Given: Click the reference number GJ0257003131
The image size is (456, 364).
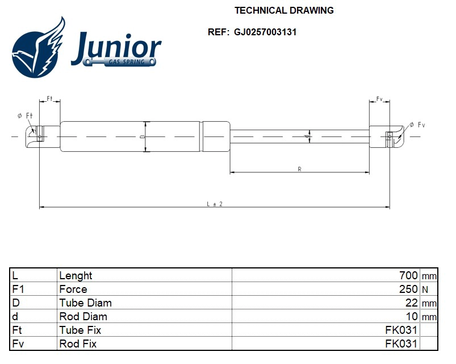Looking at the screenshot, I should [x=265, y=32].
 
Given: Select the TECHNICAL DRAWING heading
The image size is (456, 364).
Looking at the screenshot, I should [x=284, y=10].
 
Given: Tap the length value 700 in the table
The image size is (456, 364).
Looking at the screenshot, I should [x=408, y=275].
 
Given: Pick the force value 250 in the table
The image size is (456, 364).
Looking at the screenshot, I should [x=408, y=289].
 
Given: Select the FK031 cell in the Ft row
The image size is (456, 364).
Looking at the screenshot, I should [x=401, y=330].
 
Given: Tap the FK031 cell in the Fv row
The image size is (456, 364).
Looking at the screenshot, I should [x=401, y=344].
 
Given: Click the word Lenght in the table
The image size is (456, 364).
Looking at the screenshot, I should [x=76, y=275].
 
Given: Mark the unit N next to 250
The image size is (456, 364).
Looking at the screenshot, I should [x=424, y=289].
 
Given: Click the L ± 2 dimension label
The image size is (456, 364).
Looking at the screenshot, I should [x=215, y=204].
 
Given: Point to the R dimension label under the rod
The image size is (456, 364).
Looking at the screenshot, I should [x=299, y=169].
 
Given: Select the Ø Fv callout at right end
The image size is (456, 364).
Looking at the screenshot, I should [x=417, y=125].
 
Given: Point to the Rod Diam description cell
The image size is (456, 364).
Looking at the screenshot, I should [x=83, y=316].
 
